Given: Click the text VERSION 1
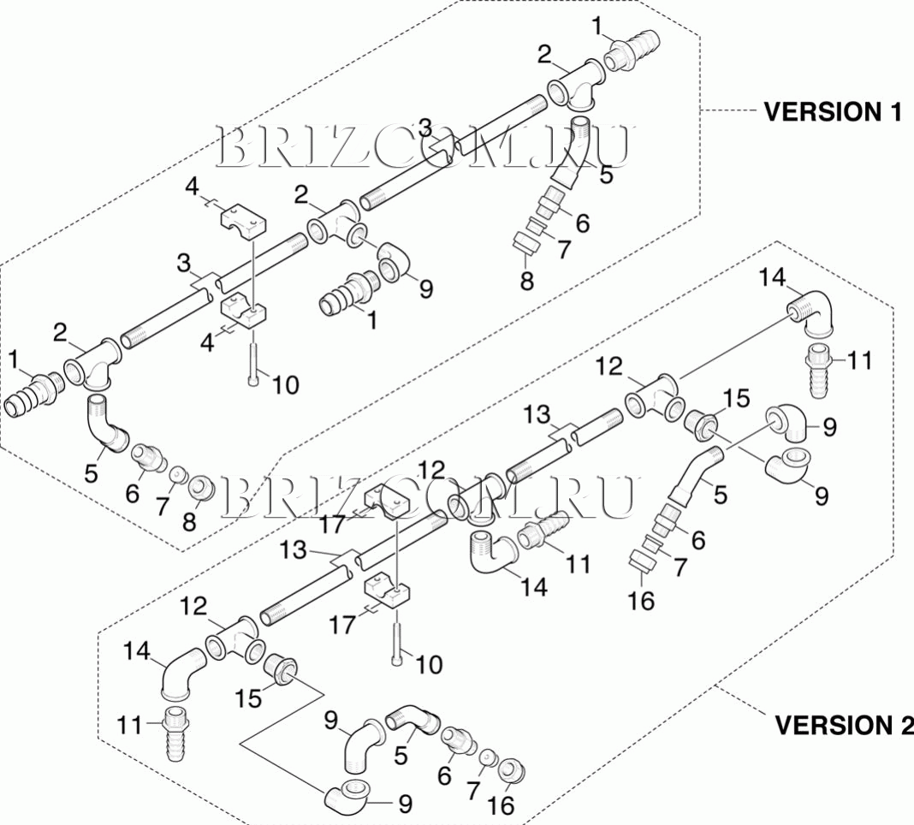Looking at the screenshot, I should click(x=832, y=111).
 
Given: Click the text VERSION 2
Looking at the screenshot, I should click(x=843, y=725).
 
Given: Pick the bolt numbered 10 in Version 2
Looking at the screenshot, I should click(x=398, y=642).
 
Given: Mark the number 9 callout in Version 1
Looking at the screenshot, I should click(x=425, y=288).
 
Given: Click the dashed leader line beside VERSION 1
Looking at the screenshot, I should click(x=727, y=111).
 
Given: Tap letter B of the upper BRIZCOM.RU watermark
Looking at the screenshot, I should click(x=235, y=147).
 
